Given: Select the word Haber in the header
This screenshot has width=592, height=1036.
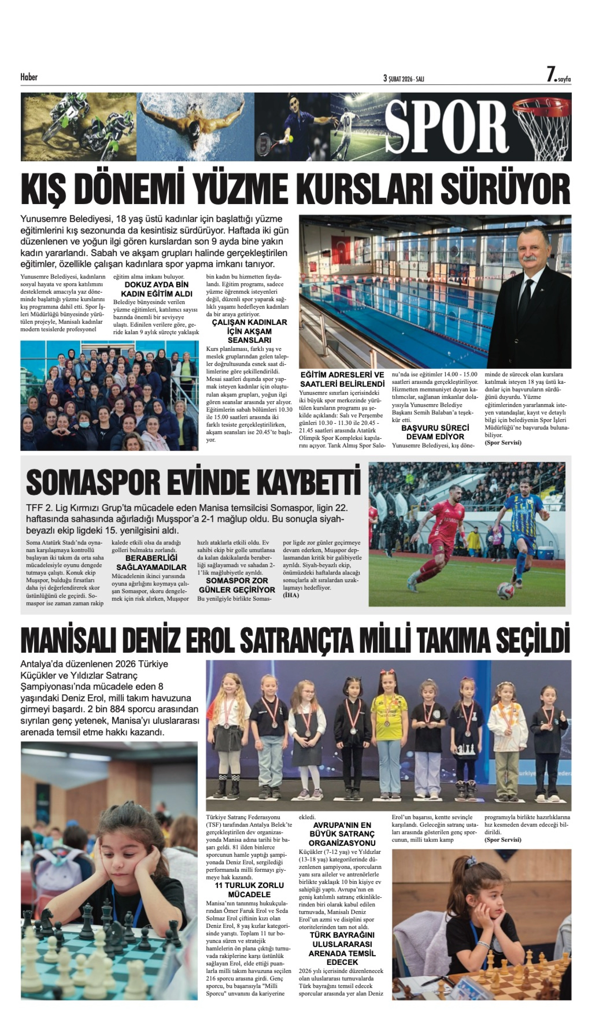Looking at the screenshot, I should (29, 77).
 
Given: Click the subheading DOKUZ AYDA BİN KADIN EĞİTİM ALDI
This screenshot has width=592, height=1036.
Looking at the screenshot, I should (156, 289).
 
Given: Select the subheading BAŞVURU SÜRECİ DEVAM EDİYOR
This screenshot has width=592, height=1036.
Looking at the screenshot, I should (435, 432).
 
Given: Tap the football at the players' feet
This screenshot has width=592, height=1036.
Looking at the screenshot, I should (505, 590).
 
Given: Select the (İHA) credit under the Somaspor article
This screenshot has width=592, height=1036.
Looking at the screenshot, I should (291, 595).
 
